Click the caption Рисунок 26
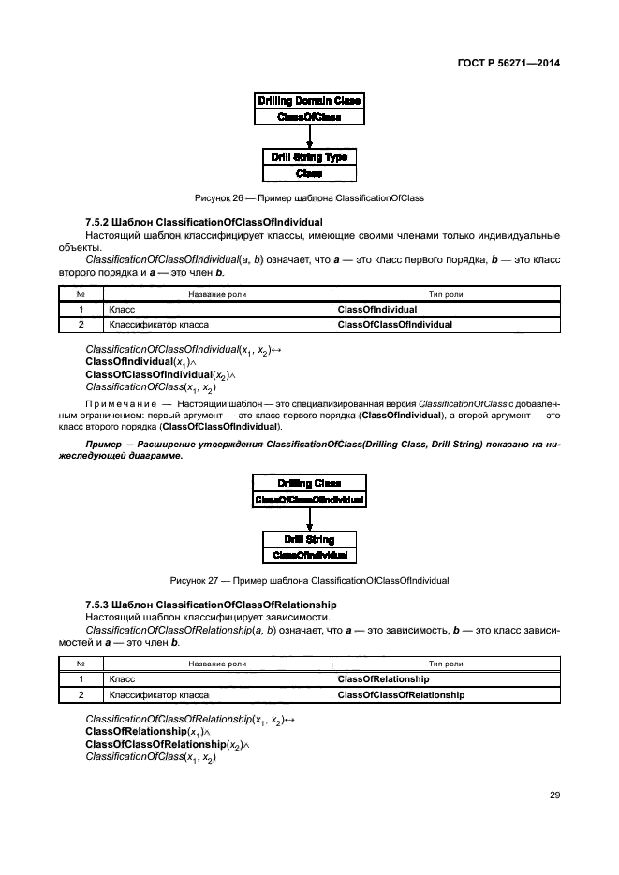coord(309,198)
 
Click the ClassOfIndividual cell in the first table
coord(376,309)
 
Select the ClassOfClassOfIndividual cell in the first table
coord(394,325)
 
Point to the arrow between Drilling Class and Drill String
coord(309,519)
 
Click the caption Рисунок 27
coord(309,581)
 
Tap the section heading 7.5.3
coord(211,605)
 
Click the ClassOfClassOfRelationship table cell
coord(400,695)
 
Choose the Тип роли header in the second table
coord(446,664)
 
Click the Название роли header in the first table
coord(217,294)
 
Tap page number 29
coord(554,795)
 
